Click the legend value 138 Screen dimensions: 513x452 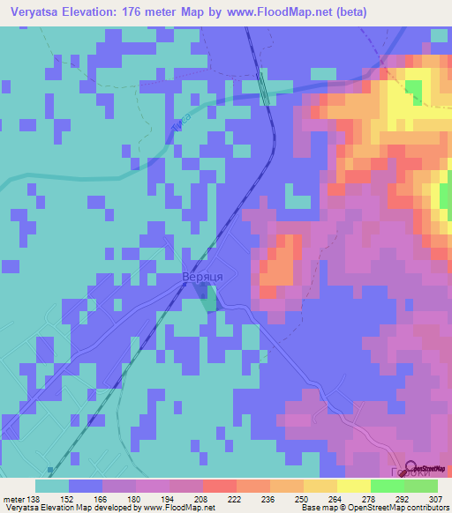(34, 498)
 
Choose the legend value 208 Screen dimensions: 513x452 (202, 498)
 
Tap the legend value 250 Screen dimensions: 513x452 (303, 498)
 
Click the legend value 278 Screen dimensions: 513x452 (370, 498)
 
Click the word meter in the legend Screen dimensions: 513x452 (12, 498)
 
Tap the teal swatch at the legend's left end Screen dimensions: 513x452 (52, 486)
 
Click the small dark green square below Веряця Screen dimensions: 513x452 (208, 301)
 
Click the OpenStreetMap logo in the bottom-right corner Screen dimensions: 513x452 (422, 468)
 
